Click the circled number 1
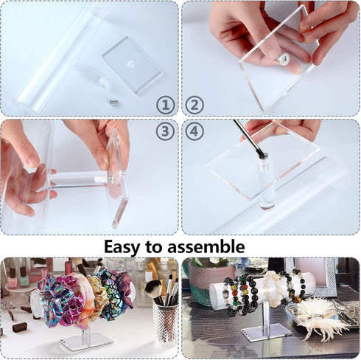pos(164,105)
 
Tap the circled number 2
pos(195,105)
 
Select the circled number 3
pos(164,132)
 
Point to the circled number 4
pos(195,132)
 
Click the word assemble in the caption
pos(212,246)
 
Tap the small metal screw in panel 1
pos(113,101)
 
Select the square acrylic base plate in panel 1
pos(132,64)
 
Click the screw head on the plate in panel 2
pos(281,55)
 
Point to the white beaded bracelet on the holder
pos(270,287)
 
